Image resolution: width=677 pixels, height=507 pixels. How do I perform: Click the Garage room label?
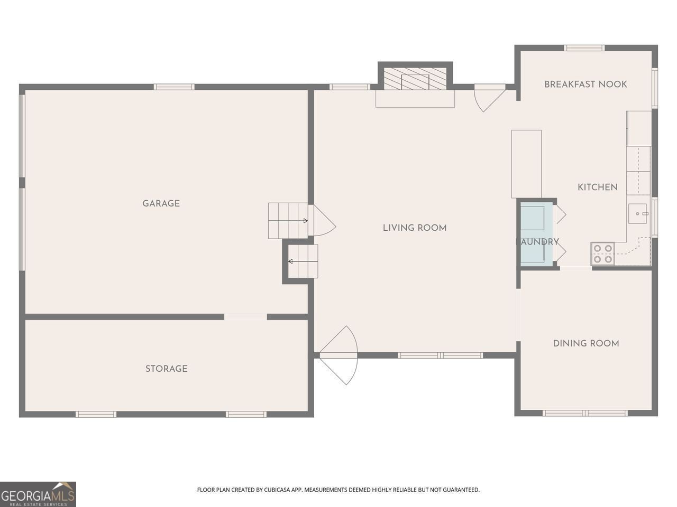[x=161, y=203]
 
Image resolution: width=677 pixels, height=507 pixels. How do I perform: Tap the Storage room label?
[x=166, y=369]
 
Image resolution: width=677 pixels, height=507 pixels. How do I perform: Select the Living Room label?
[x=415, y=228]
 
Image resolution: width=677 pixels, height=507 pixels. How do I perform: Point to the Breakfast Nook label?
[x=585, y=84]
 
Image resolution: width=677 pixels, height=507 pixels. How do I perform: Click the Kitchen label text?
[x=597, y=187]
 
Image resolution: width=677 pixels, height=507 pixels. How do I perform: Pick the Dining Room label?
[x=585, y=343]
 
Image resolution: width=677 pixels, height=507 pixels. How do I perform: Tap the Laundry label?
[x=537, y=242]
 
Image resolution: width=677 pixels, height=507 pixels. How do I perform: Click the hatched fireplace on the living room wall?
[x=415, y=78]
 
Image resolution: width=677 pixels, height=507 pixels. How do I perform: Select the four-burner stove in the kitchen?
[x=602, y=253]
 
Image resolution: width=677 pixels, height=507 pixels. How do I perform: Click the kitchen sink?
[x=639, y=213]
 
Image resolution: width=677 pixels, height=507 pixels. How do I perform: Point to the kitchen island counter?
[x=526, y=164]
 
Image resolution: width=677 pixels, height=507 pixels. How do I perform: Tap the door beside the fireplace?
[x=489, y=98]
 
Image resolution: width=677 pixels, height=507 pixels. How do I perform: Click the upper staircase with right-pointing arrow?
[x=288, y=220]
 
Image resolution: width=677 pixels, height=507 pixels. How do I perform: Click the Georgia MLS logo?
[x=38, y=494]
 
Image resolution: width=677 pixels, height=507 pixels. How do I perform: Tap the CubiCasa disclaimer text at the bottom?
[x=338, y=490]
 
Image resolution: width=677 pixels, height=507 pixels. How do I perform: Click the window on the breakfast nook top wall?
[x=584, y=48]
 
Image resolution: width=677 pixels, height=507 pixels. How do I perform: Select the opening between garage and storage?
[x=245, y=317]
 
